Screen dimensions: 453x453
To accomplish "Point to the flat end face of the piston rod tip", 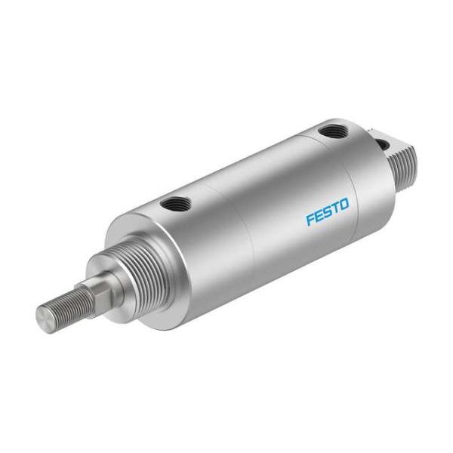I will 43,315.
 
